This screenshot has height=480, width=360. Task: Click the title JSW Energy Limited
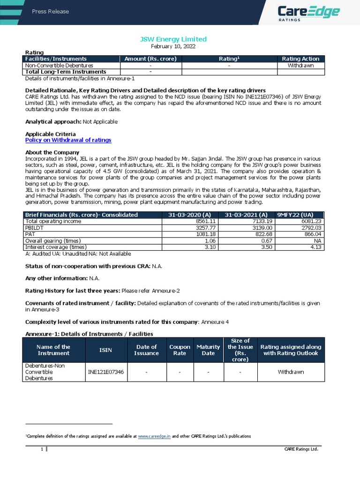(180, 39)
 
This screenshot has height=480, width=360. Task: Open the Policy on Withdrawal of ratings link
(68, 140)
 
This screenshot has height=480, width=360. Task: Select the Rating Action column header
(300, 59)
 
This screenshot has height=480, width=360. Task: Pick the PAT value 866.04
(312, 234)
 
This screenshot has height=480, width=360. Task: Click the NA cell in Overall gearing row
(317, 240)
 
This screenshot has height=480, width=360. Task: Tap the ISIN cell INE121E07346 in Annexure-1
(106, 372)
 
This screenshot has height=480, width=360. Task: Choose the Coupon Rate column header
(180, 350)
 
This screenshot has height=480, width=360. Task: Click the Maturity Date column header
(208, 350)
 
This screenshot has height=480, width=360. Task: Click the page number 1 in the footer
(42, 450)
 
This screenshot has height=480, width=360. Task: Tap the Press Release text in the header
(50, 11)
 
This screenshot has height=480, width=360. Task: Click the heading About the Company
(52, 152)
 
